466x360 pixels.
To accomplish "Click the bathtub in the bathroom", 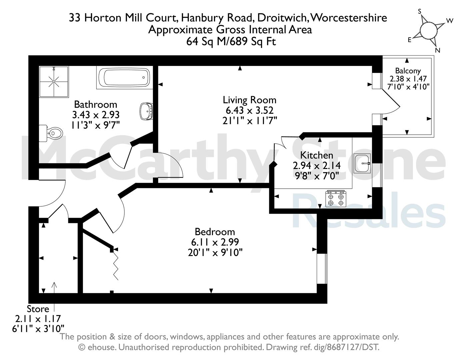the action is (x=125, y=77).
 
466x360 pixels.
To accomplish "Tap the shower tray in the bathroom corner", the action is (x=54, y=82).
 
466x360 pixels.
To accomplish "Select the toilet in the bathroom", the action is (x=51, y=133).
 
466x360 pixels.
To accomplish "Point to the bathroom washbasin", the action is (x=146, y=111).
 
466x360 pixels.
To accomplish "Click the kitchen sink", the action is (x=362, y=163).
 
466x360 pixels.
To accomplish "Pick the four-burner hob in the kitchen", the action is (x=336, y=199).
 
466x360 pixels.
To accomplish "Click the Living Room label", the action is (x=249, y=100).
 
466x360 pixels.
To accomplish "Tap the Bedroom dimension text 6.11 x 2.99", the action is (x=215, y=242).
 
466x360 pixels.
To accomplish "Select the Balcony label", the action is (x=408, y=71).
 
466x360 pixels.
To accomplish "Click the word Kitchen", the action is (x=317, y=155).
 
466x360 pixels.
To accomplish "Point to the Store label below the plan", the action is (x=38, y=309).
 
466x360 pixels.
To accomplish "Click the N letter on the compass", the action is (x=437, y=50).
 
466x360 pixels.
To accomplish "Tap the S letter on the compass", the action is (x=420, y=11).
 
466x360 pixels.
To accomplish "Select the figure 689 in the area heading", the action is (x=239, y=41).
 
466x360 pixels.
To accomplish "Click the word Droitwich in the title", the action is (x=283, y=18).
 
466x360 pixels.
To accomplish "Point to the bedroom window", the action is (x=322, y=269).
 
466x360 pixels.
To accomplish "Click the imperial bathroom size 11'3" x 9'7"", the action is (x=95, y=125).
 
